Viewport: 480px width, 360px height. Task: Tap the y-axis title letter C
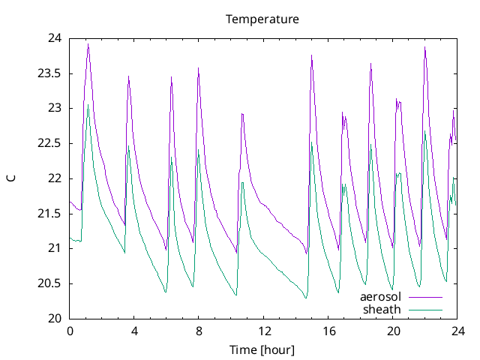11,178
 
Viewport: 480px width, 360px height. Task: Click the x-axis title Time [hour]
262,350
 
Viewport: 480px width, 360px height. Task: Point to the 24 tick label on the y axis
55,38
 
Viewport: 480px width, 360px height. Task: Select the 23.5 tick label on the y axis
50,73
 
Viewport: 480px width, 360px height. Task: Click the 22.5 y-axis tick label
50,143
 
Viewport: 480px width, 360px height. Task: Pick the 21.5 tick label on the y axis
50,214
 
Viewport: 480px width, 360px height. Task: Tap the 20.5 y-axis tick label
50,283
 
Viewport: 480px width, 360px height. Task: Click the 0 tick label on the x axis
70,331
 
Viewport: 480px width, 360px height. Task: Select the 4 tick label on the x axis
134,331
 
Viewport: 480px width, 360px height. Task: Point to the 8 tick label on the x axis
199,331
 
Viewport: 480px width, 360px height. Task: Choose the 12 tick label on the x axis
264,331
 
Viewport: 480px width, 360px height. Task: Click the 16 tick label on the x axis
328,331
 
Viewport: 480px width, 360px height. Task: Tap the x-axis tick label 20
393,331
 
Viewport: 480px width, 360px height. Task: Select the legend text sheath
382,309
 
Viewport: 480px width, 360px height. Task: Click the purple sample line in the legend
425,297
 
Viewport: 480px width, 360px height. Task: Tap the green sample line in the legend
425,309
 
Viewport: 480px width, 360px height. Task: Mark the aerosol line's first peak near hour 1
88,44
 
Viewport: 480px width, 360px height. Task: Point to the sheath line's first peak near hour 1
88,106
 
